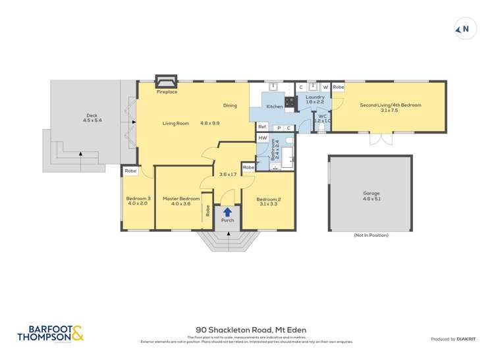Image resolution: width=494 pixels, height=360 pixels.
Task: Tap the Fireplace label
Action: pos(167,92)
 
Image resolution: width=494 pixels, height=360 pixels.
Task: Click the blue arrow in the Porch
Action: pos(227,212)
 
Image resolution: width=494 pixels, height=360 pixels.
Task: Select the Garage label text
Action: pos(371,193)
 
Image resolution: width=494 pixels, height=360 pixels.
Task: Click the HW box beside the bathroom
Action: pos(262,138)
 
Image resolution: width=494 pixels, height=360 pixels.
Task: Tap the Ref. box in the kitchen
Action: pos(261,127)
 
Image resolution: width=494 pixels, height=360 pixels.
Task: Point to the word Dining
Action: pos(229,105)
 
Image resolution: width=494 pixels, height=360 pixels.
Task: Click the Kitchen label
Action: pos(274,106)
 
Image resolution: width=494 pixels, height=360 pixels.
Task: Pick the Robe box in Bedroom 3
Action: pos(130,170)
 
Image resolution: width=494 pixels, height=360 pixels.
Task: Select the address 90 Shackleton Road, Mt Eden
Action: pos(251,330)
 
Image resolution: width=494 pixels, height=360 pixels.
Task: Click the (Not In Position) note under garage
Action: pos(371,235)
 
